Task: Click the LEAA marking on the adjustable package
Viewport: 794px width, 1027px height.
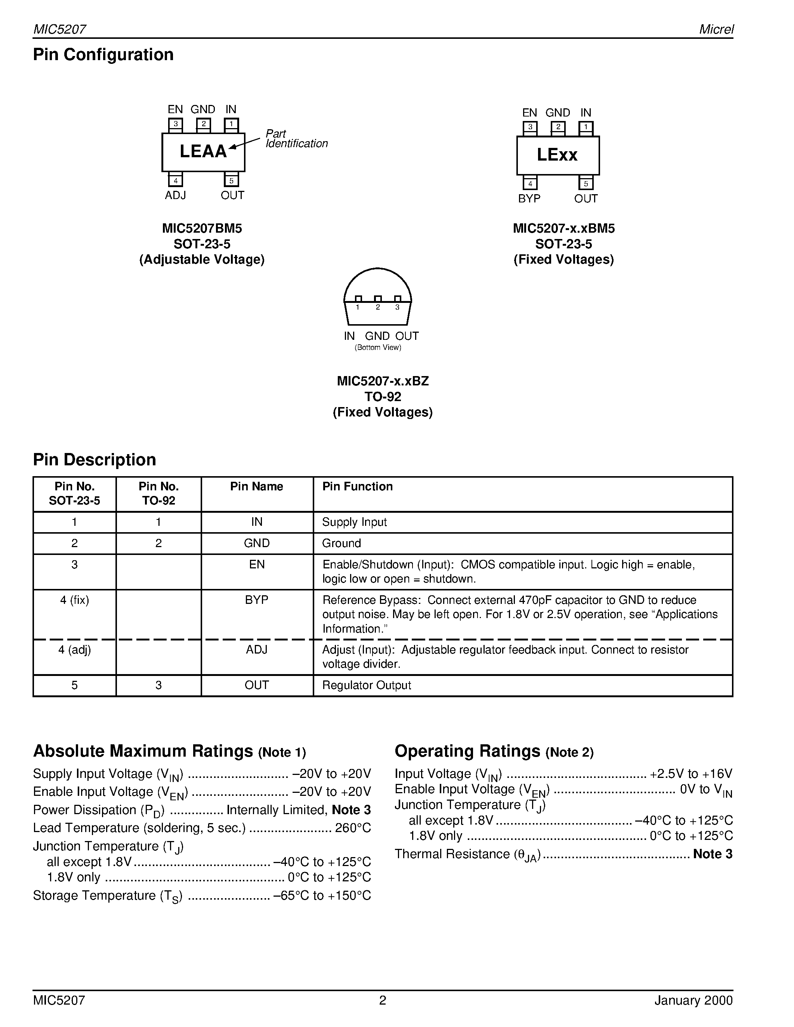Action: tap(203, 151)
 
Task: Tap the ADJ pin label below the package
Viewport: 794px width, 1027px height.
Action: tap(176, 195)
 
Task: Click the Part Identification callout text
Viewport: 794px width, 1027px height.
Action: tap(296, 139)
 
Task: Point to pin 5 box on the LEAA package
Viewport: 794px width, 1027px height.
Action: tap(231, 180)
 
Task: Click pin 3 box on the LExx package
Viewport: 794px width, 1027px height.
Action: tap(530, 127)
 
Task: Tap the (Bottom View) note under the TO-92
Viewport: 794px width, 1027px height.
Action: tap(378, 348)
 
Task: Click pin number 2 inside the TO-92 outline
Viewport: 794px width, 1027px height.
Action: tap(378, 307)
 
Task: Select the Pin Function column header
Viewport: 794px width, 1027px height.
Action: tap(357, 486)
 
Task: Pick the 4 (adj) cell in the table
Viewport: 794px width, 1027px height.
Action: tap(74, 649)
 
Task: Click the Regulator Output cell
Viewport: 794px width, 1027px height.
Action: tap(367, 685)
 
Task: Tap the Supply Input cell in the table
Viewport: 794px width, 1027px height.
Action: tap(354, 522)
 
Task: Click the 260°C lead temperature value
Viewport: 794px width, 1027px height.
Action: tap(353, 828)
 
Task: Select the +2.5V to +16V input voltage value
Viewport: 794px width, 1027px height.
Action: tap(691, 773)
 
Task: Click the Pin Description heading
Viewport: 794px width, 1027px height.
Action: tap(95, 459)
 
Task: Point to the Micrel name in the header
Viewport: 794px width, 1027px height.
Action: tap(716, 29)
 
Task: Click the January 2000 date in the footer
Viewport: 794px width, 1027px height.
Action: tap(693, 1000)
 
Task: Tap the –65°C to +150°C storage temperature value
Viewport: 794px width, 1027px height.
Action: tap(322, 895)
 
